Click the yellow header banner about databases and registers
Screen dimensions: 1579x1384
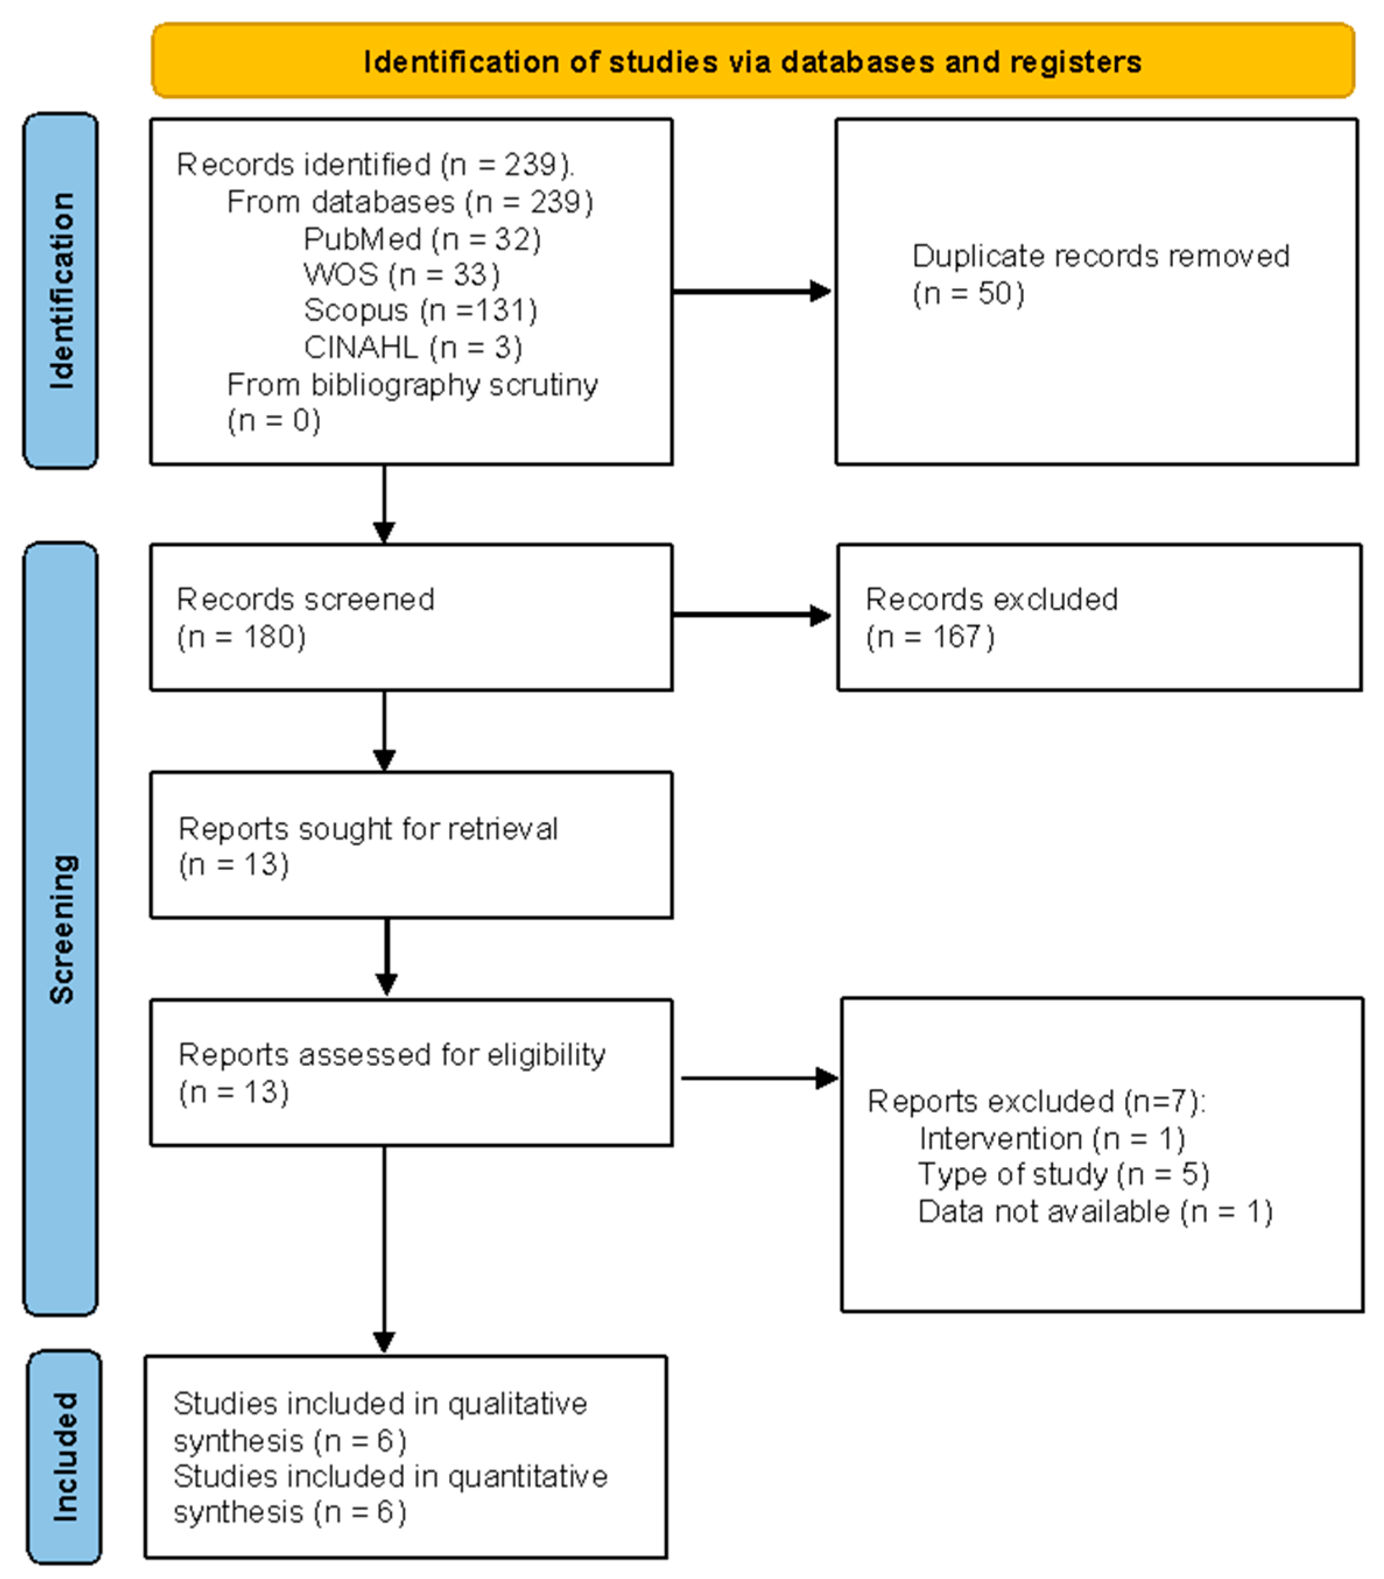753,61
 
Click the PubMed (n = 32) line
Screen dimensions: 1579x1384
422,239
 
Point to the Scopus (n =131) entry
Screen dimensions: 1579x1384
420,311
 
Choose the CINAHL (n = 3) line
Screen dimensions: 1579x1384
413,347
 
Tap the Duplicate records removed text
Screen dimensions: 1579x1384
1100,256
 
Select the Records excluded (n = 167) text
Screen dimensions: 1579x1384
991,618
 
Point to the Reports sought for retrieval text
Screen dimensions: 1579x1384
368,829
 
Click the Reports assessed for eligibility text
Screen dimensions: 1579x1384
392,1055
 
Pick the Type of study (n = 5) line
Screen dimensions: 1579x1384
1063,1175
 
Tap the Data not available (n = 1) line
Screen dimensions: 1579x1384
1094,1211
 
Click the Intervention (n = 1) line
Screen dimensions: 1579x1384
1051,1138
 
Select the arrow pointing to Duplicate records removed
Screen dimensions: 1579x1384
752,292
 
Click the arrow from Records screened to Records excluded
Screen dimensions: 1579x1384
752,615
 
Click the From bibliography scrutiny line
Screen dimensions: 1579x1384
411,385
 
